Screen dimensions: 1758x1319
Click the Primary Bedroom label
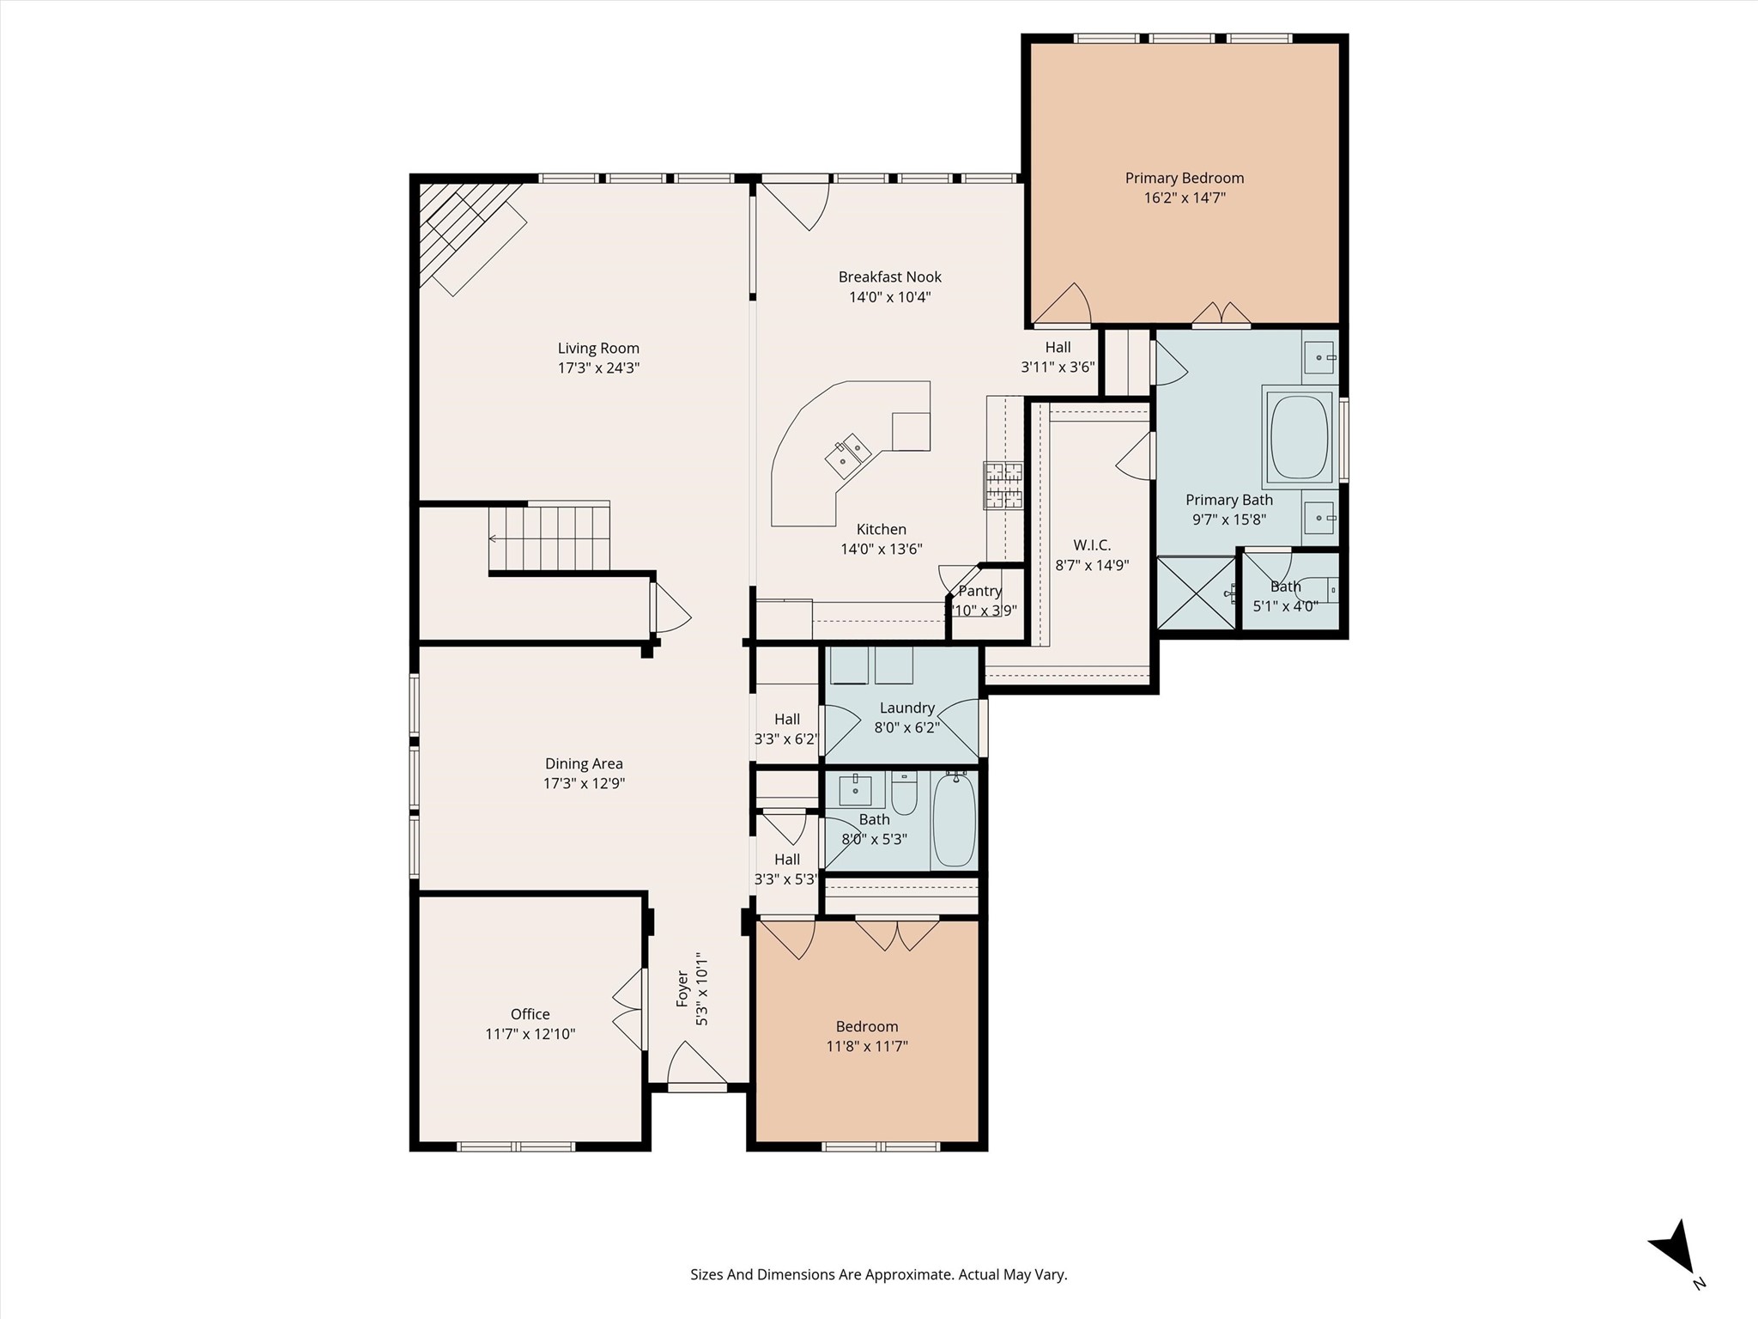[1185, 178]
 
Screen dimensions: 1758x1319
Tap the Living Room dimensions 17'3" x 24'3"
[598, 368]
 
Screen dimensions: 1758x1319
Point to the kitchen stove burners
[1003, 486]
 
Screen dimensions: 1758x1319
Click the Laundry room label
[906, 708]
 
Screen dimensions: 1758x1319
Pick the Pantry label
[980, 591]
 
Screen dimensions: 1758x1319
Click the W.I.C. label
[1092, 545]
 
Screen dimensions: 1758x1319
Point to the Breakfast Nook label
[890, 277]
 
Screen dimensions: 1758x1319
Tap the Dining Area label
[584, 763]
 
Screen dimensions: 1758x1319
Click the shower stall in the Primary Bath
[1197, 593]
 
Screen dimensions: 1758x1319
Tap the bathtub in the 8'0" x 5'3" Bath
[954, 819]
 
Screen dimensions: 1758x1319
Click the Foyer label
[683, 988]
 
